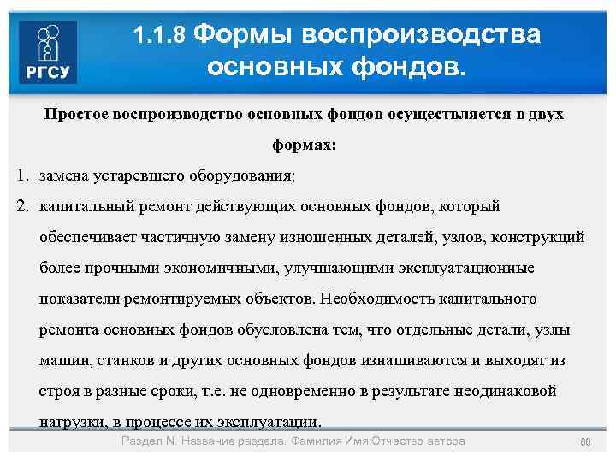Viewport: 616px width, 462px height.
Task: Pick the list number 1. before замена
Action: point(23,176)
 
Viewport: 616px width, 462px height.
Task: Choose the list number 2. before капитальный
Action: point(23,207)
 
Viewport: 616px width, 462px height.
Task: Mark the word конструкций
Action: point(537,238)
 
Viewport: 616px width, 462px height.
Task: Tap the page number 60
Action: point(586,441)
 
